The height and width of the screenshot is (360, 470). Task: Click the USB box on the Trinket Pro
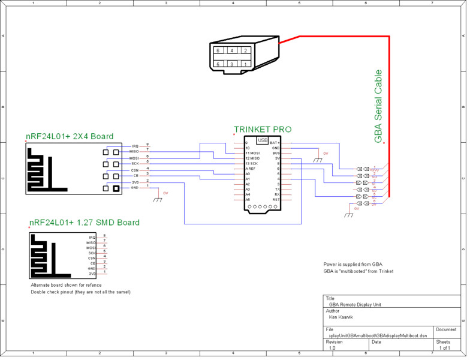(263, 140)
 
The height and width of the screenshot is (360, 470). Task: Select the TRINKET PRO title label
(263, 130)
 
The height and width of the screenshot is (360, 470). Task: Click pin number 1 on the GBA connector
(246, 64)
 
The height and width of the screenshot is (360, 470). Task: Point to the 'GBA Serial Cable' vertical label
(378, 106)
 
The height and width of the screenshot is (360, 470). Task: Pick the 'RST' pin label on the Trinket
(276, 200)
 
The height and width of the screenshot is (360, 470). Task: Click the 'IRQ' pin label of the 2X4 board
(135, 146)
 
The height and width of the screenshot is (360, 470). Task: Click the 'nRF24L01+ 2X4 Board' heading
(69, 137)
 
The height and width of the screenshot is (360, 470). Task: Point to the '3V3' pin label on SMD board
(92, 274)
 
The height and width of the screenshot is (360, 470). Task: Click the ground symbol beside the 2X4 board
(158, 199)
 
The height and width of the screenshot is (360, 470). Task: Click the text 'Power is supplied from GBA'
(352, 264)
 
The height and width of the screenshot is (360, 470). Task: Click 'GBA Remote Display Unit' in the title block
(355, 305)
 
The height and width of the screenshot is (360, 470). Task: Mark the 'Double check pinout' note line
(80, 292)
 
